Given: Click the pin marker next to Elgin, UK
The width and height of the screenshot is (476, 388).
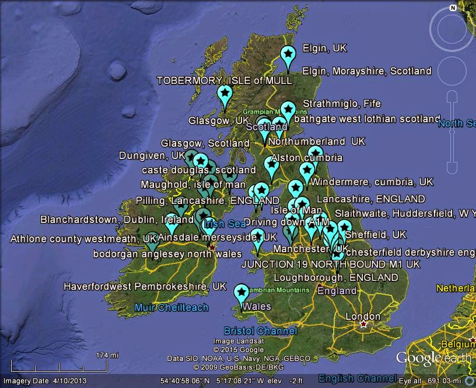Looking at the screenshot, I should pyautogui.click(x=288, y=55).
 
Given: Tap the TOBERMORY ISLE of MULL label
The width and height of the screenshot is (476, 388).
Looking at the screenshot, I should pyautogui.click(x=224, y=80).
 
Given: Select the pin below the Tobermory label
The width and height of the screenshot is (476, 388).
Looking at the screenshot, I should pyautogui.click(x=225, y=94).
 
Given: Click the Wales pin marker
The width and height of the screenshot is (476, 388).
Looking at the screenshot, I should pyautogui.click(x=241, y=293).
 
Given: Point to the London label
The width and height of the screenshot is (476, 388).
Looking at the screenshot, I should pyautogui.click(x=363, y=316).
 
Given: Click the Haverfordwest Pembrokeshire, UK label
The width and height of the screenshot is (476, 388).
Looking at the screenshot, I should pyautogui.click(x=145, y=287).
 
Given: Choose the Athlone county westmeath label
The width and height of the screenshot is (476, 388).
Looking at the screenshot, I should pyautogui.click(x=83, y=239).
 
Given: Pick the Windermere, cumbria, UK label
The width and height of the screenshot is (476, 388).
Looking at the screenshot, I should pyautogui.click(x=372, y=182).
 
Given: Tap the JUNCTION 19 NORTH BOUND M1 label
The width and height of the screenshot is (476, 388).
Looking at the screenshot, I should pyautogui.click(x=330, y=264).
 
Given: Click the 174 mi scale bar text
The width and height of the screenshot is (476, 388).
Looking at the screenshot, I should pyautogui.click(x=107, y=355).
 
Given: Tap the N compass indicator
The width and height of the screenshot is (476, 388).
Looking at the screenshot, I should pyautogui.click(x=452, y=8).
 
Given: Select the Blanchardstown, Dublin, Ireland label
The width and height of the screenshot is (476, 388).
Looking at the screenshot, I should pyautogui.click(x=117, y=220).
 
